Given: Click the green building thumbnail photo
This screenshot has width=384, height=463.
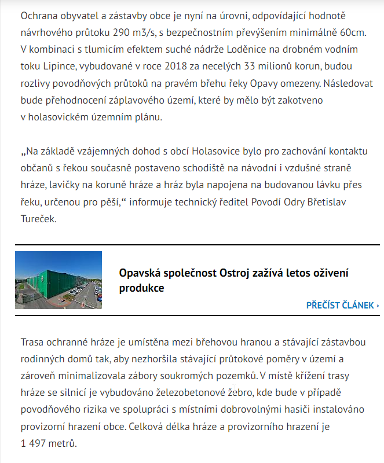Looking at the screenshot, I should click(58, 280).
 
